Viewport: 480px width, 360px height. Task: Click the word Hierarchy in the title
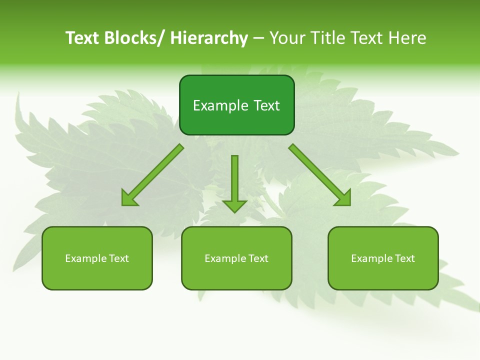click(209, 38)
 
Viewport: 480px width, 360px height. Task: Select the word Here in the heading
click(407, 38)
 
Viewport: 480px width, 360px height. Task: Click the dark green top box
click(236, 105)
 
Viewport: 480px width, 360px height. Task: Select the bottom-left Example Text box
click(97, 258)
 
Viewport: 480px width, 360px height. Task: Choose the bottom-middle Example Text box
click(236, 258)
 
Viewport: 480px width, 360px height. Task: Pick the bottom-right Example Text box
click(383, 258)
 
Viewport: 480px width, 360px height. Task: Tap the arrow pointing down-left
click(153, 175)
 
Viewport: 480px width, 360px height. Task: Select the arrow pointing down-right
click(320, 175)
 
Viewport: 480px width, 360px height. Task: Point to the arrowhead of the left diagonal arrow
click(128, 199)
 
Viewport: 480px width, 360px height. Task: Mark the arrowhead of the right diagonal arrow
click(344, 198)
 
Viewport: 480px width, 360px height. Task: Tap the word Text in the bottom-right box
click(405, 258)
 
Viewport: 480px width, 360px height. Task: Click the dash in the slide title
click(258, 38)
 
